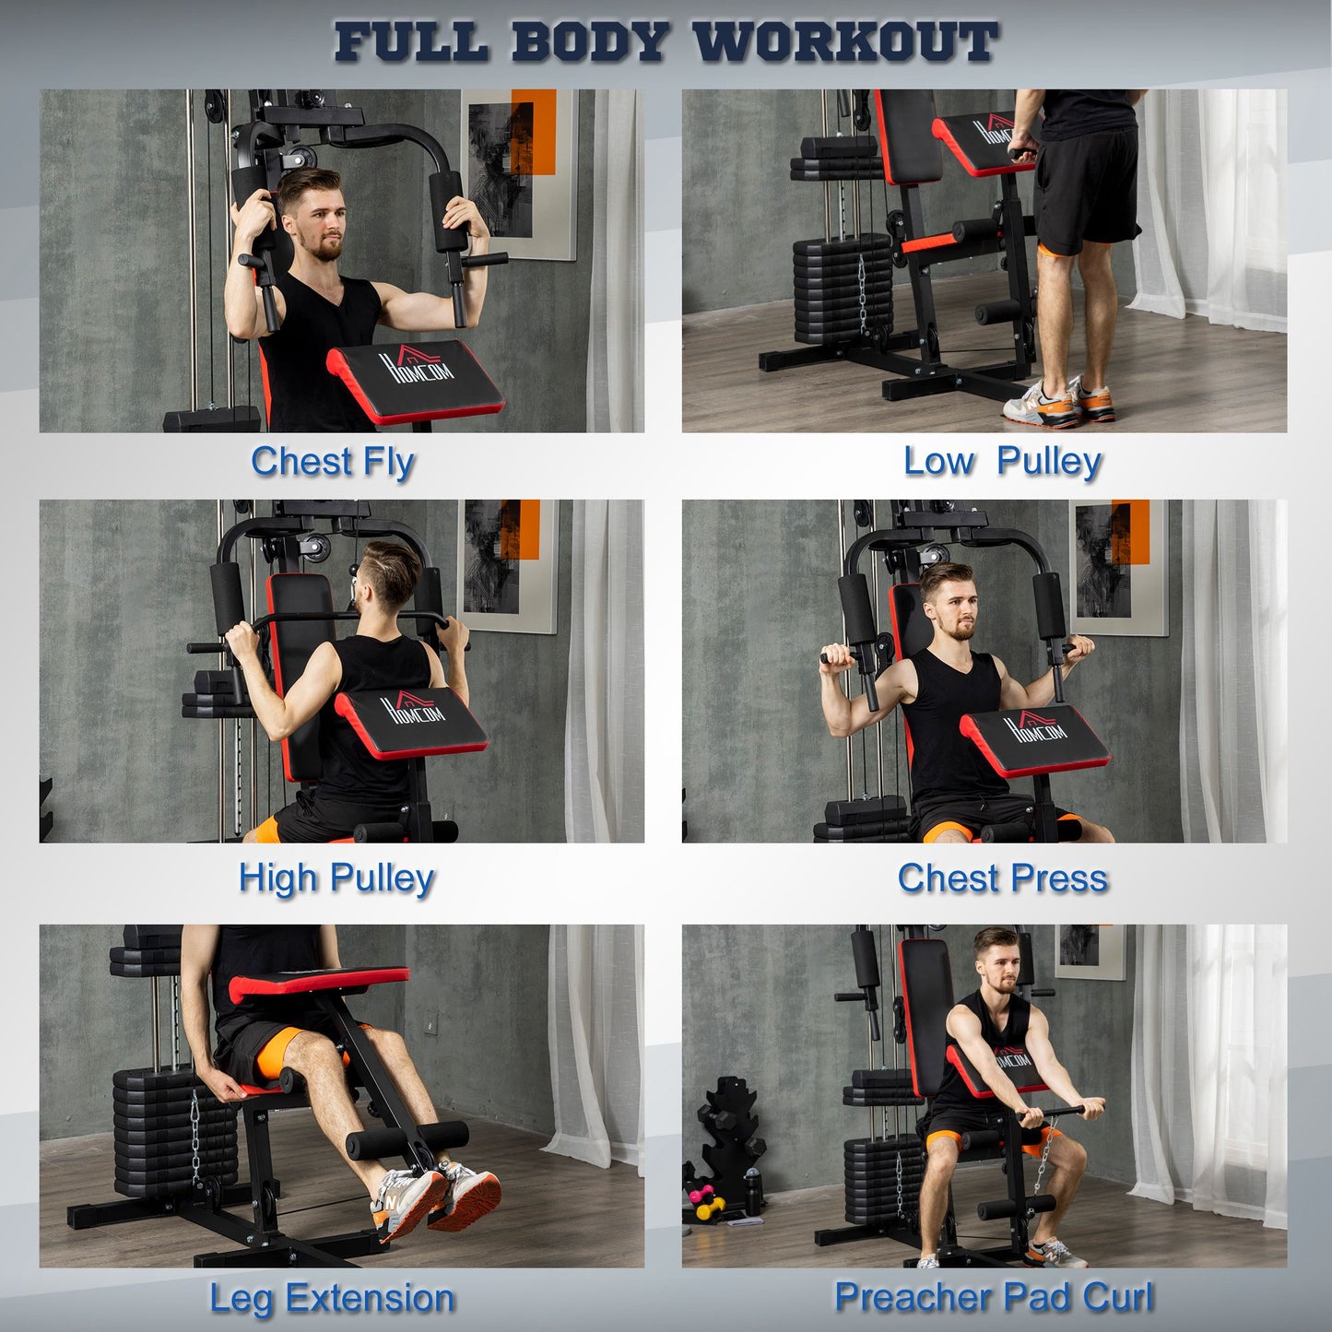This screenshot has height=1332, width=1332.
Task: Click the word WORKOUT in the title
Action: [x=844, y=42]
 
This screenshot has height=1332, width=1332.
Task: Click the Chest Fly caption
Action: [x=333, y=462]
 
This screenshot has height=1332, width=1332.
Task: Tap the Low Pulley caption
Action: [x=1002, y=462]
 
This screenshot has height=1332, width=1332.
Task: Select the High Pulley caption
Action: [x=336, y=878]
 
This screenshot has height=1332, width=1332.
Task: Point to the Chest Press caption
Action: [x=1002, y=878]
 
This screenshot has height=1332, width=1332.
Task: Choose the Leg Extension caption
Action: [x=332, y=1298]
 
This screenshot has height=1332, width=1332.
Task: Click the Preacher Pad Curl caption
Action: [x=994, y=1297]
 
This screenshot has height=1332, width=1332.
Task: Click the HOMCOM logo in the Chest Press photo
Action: [x=1035, y=727]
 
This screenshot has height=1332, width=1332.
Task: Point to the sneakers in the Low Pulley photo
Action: [x=1060, y=402]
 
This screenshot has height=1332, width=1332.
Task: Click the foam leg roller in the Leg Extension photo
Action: [x=406, y=1139]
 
